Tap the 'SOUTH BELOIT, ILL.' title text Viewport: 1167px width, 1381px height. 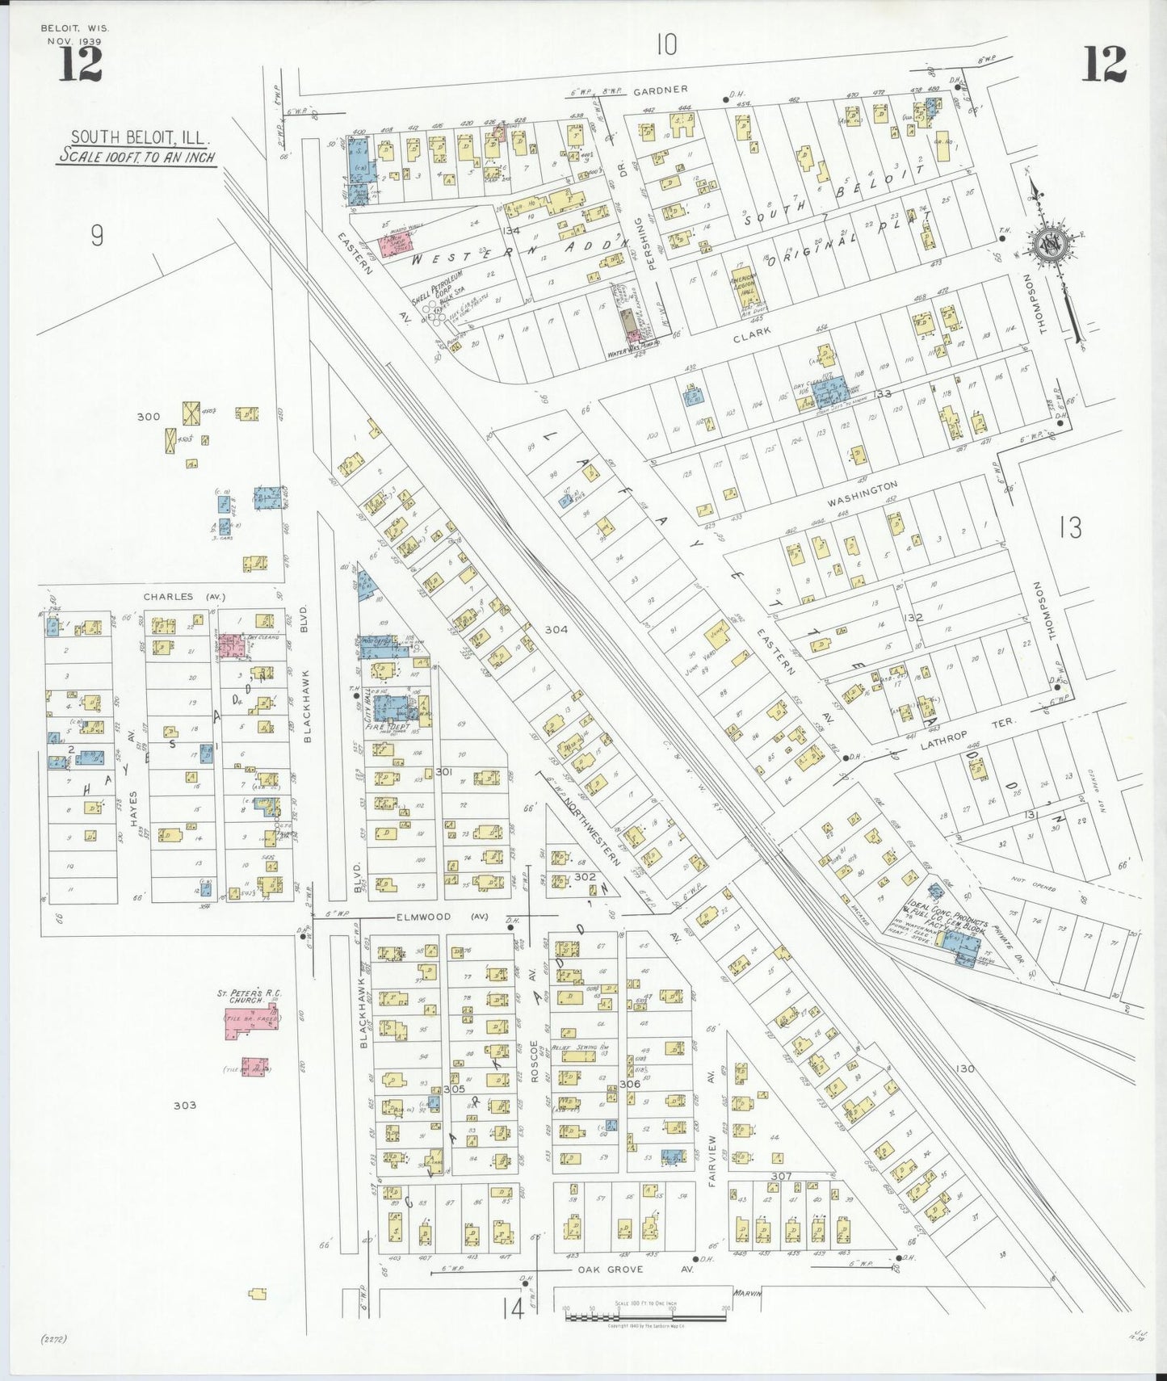(135, 137)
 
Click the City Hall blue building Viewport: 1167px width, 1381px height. (392, 708)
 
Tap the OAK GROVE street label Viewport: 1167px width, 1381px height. (609, 1270)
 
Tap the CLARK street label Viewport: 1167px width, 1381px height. (751, 332)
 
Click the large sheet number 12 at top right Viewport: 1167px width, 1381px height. (1103, 64)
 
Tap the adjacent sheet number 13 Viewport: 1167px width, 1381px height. (1070, 528)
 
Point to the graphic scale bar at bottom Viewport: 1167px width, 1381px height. (649, 1316)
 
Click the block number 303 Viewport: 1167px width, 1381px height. (184, 1105)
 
